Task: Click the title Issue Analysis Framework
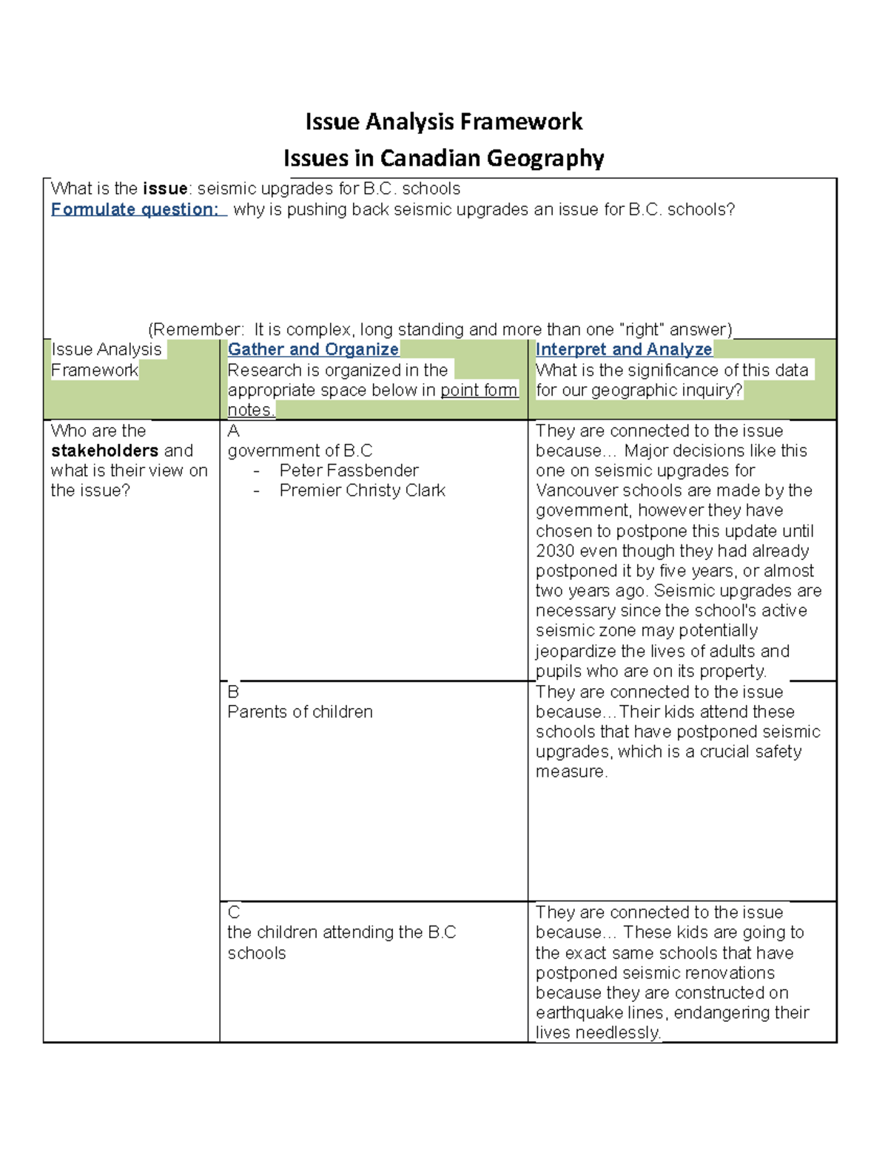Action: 444,122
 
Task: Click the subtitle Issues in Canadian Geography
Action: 444,158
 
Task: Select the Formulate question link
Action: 137,209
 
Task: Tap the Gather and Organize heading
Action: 313,349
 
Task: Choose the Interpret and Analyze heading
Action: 624,349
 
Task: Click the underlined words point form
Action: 479,390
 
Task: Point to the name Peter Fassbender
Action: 349,471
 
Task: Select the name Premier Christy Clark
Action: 362,491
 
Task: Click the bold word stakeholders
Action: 104,451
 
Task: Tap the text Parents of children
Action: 300,712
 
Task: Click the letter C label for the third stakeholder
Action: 234,912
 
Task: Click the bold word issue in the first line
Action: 164,189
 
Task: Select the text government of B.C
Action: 300,451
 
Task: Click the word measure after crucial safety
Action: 571,772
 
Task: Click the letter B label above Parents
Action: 233,692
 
